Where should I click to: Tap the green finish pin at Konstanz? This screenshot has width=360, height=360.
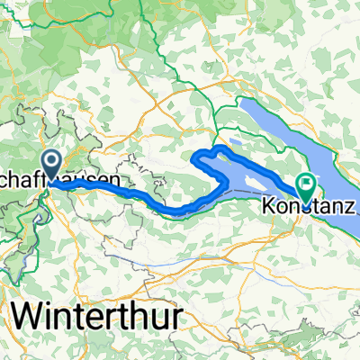(306, 187)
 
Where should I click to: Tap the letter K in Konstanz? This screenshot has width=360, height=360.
(268, 205)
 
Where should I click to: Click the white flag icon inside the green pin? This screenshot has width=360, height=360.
(306, 184)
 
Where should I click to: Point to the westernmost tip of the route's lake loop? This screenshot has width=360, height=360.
(194, 159)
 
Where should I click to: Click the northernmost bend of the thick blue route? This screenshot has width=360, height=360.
(219, 146)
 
